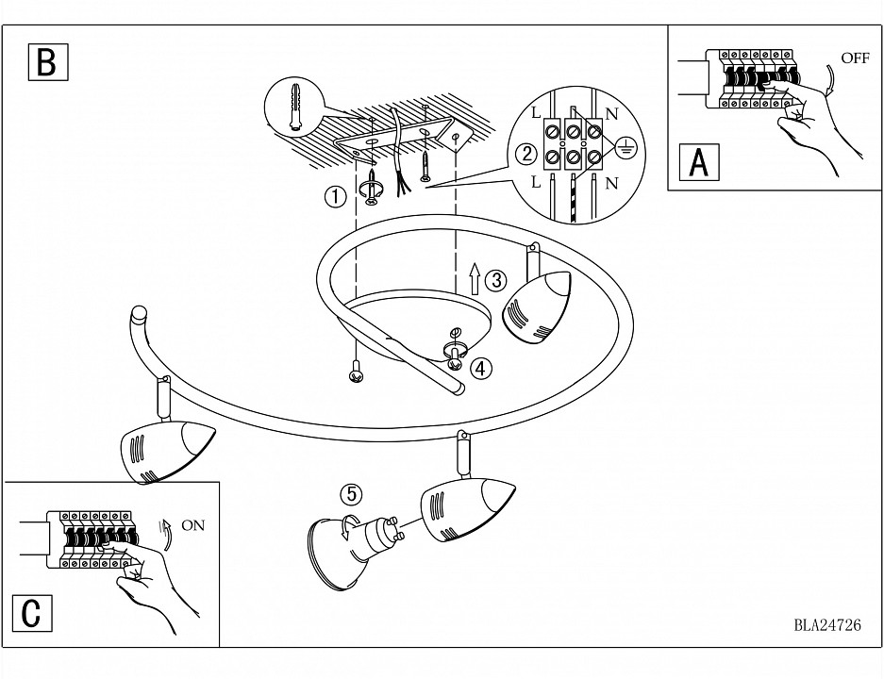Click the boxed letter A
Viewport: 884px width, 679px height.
coord(699,162)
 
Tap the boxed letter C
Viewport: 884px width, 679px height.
coord(32,613)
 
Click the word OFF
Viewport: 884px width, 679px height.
coord(855,58)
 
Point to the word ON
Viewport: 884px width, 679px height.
coord(192,525)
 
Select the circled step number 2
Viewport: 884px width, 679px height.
coord(526,154)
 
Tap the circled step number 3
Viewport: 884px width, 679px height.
coord(495,280)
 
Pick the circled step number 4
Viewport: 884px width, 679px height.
coord(481,368)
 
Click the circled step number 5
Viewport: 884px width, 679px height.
coord(351,493)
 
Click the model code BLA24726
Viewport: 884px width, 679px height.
coord(826,624)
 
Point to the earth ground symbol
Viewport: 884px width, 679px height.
coord(624,146)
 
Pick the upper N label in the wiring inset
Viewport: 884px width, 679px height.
coord(611,113)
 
